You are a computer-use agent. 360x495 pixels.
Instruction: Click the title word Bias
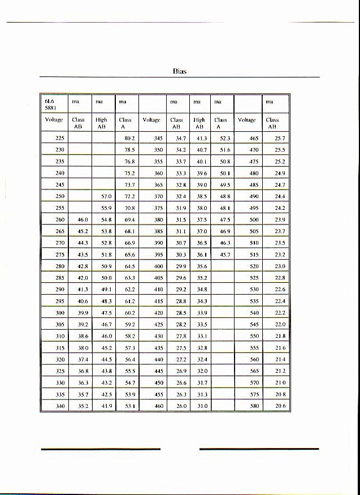tap(180, 71)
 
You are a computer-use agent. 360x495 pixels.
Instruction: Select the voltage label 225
tap(60, 138)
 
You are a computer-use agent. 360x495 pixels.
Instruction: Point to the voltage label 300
tap(60, 312)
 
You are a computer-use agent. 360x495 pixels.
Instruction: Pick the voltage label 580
tap(254, 406)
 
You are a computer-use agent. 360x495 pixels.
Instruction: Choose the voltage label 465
tap(254, 138)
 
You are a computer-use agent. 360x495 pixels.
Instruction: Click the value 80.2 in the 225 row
tap(129, 138)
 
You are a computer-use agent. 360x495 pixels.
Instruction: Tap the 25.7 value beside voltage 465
tap(280, 138)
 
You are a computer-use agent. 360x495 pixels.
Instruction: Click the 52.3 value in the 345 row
tap(225, 138)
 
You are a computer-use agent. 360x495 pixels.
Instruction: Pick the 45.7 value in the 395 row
tap(225, 255)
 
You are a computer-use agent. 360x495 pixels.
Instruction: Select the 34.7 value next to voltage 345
tap(181, 138)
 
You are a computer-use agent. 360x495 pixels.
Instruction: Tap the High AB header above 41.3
tap(199, 123)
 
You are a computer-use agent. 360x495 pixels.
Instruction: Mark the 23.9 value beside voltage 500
tap(280, 219)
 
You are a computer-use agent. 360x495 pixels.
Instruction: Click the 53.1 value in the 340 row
tap(129, 406)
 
